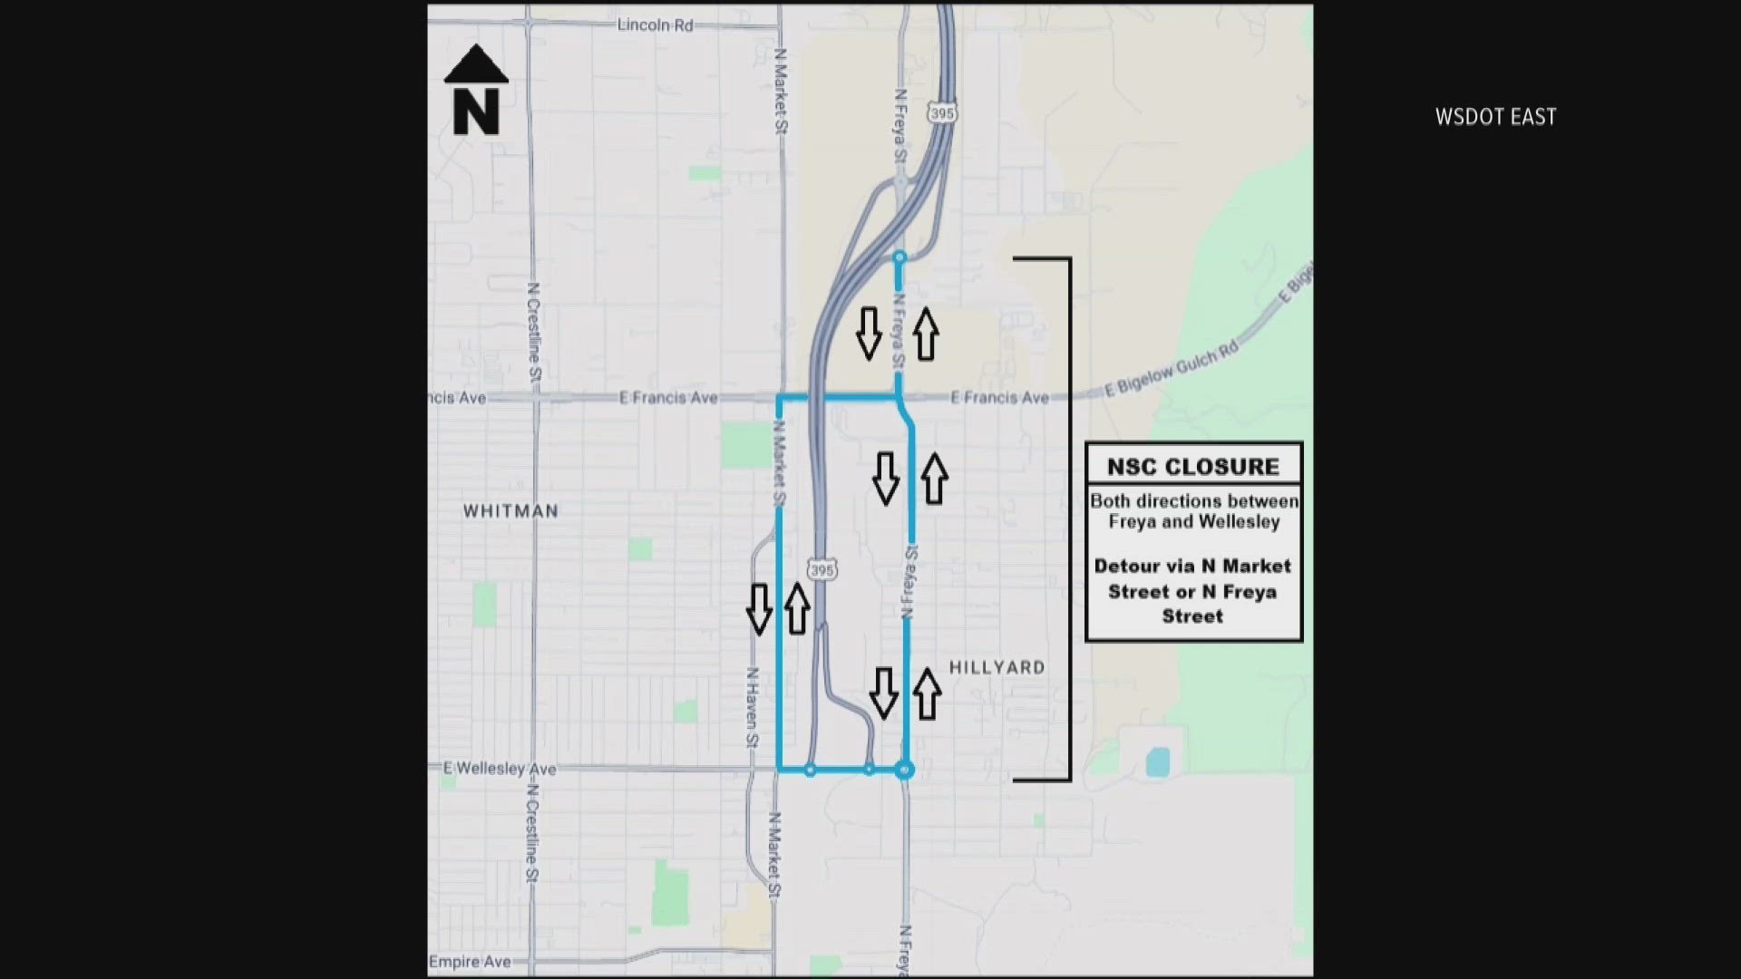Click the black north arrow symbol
click(x=476, y=91)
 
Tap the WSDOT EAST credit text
click(x=1495, y=117)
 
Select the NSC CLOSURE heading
click(x=1193, y=467)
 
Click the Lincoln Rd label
click(x=655, y=24)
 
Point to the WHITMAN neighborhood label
click(x=511, y=511)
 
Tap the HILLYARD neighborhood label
click(x=997, y=668)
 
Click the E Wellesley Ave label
click(x=500, y=769)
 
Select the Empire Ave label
click(x=470, y=962)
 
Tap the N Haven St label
click(x=752, y=707)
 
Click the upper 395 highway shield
click(x=942, y=113)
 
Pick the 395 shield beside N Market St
click(x=822, y=570)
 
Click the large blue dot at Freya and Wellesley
click(x=904, y=771)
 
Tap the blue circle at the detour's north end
click(x=900, y=258)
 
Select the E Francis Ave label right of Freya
click(x=999, y=398)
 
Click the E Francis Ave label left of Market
click(x=668, y=398)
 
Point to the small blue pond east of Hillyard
click(x=1157, y=761)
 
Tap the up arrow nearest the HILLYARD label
click(x=927, y=694)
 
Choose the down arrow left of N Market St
click(x=759, y=608)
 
